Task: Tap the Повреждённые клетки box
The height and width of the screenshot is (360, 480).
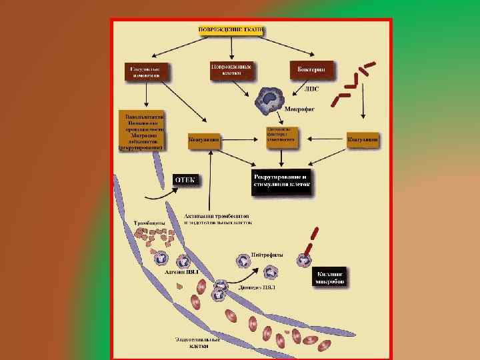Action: click(x=231, y=71)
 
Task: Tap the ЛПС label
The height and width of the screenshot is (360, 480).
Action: click(x=311, y=89)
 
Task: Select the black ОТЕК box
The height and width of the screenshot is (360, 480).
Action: click(x=185, y=180)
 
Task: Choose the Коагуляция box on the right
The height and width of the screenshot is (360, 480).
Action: click(x=363, y=141)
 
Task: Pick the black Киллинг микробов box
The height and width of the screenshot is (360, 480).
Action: click(x=329, y=277)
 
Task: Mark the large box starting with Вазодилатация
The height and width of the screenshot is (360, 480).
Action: click(x=141, y=131)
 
